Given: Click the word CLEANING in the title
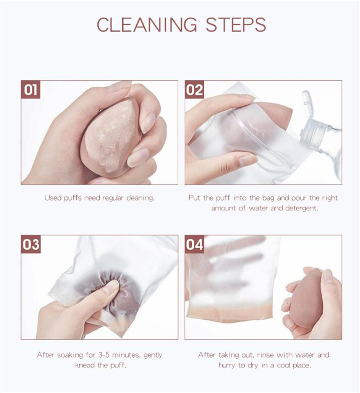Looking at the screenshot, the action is tap(147, 25).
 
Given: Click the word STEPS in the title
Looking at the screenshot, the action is tap(236, 25).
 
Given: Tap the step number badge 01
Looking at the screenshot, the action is tap(31, 89).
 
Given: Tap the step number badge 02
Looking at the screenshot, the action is tap(194, 89).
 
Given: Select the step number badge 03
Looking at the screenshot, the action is tap(31, 244).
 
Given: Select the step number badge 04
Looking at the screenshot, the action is tap(194, 244).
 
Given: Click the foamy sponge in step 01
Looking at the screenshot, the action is tap(110, 138).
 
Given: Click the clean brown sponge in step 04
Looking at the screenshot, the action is tap(307, 298).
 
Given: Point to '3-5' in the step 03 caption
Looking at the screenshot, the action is tap(104, 355).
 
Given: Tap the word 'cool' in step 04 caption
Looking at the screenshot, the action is tap(283, 365).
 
